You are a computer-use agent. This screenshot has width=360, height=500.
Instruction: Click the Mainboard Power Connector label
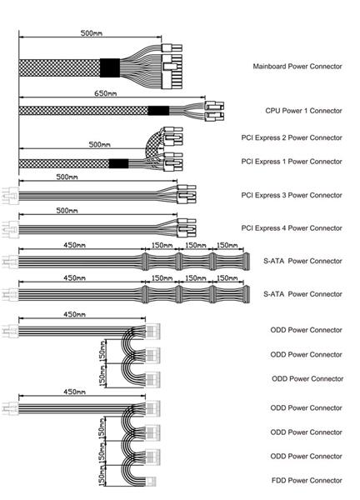(x=297, y=67)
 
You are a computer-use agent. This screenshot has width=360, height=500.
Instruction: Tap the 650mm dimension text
(x=106, y=93)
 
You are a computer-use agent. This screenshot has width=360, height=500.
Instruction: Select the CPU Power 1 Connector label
(x=303, y=111)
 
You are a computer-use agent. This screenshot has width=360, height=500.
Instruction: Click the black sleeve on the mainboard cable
(x=110, y=67)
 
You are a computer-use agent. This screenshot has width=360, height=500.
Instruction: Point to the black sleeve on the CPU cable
(x=158, y=111)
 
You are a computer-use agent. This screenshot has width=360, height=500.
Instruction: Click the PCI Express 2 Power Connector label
(x=292, y=137)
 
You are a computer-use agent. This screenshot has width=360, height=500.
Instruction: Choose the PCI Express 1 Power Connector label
(x=292, y=162)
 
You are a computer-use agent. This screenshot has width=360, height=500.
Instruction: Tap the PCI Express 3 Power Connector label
(x=292, y=195)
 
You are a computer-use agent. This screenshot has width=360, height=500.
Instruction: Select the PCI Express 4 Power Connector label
(x=292, y=228)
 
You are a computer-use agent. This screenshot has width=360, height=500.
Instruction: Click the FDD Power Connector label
(x=307, y=480)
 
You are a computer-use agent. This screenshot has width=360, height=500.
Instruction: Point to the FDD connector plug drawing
(x=151, y=482)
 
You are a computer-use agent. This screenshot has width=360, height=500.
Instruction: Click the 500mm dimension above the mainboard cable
(x=91, y=32)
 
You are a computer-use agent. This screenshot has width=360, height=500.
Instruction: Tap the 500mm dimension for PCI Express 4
(x=67, y=211)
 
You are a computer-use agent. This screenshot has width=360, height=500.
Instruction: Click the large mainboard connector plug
(x=172, y=72)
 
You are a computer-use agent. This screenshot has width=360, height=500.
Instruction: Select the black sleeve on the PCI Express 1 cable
(x=118, y=163)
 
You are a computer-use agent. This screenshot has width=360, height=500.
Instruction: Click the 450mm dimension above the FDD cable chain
(x=74, y=392)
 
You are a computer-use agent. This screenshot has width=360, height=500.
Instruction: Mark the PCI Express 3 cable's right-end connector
(x=186, y=194)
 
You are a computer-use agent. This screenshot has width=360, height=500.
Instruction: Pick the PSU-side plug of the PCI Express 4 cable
(x=11, y=229)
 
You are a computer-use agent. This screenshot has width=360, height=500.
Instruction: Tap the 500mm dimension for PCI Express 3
(x=67, y=177)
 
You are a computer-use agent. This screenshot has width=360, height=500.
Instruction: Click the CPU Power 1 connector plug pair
(x=214, y=112)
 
